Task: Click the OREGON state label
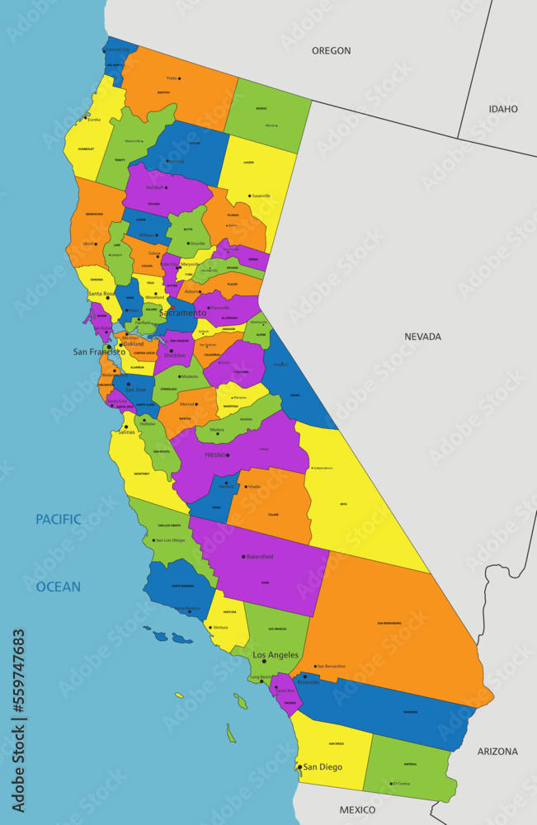[331, 51]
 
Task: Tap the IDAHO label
[503, 109]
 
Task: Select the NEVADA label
[422, 337]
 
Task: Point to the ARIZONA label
[497, 752]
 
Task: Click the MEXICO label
[357, 809]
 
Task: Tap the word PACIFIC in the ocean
[58, 520]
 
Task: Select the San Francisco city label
[98, 351]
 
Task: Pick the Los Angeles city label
[276, 655]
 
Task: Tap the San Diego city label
[322, 767]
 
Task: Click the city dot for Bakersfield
[243, 557]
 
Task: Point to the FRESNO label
[215, 455]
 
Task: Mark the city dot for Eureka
[87, 115]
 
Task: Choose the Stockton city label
[175, 356]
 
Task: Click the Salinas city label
[125, 431]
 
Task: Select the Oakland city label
[133, 344]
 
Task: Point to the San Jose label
[135, 389]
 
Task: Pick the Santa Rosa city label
[101, 294]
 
